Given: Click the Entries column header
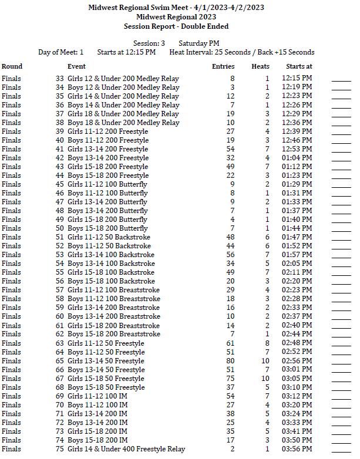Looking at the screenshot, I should [223, 67].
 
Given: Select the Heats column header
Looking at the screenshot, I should [260, 67].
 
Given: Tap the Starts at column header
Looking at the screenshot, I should [299, 67].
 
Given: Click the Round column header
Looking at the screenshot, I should [12, 67].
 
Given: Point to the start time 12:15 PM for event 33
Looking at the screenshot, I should [297, 79].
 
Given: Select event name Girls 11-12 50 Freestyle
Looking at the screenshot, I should [106, 343].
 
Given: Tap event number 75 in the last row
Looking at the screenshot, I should [59, 449].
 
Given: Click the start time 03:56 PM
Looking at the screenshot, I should [297, 449].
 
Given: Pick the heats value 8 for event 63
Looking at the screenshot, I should [267, 343].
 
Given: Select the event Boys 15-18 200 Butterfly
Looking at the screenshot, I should [107, 228].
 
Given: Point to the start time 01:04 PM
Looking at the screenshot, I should [297, 158].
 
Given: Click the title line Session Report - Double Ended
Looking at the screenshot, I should [176, 26].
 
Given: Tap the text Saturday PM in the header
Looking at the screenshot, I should [198, 43].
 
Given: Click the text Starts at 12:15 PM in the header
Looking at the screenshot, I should [126, 52].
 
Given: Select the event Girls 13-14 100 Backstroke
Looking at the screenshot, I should [111, 255].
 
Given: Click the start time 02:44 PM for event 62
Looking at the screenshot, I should [297, 334].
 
